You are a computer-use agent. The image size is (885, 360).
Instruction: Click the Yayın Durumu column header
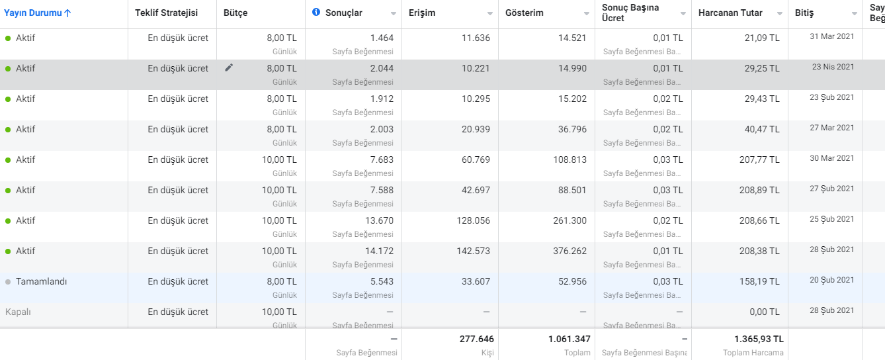tap(37, 13)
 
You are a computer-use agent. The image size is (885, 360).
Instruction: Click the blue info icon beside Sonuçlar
tap(316, 13)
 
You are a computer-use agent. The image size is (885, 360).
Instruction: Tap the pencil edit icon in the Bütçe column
tap(229, 67)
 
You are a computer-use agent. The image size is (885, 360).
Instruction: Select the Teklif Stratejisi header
tap(166, 13)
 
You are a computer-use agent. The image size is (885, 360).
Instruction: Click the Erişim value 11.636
tap(476, 38)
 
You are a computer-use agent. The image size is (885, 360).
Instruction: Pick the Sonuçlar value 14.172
tap(379, 251)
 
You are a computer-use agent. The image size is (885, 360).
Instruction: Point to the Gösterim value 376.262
tap(569, 251)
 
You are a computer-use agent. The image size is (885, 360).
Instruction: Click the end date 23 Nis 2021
tap(833, 67)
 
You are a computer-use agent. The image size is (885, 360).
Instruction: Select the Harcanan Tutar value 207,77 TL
tap(759, 159)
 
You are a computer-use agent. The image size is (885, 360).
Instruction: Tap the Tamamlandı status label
tap(41, 281)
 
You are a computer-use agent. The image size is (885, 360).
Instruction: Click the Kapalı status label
tap(18, 312)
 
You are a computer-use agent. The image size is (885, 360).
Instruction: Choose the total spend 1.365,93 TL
tap(759, 339)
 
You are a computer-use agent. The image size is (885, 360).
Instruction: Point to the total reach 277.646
tap(476, 339)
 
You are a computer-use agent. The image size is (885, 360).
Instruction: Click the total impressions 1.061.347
tap(569, 339)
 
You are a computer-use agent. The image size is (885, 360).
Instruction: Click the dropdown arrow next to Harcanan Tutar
tap(780, 13)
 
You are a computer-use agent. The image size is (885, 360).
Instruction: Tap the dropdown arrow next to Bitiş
tap(854, 13)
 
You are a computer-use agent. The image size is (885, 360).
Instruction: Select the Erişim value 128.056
tap(474, 220)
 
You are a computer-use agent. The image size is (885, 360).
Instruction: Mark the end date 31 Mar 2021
tap(831, 37)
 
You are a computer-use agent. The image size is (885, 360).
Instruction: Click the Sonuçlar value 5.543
tap(382, 281)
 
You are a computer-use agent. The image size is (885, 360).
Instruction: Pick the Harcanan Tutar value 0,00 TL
tap(765, 312)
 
